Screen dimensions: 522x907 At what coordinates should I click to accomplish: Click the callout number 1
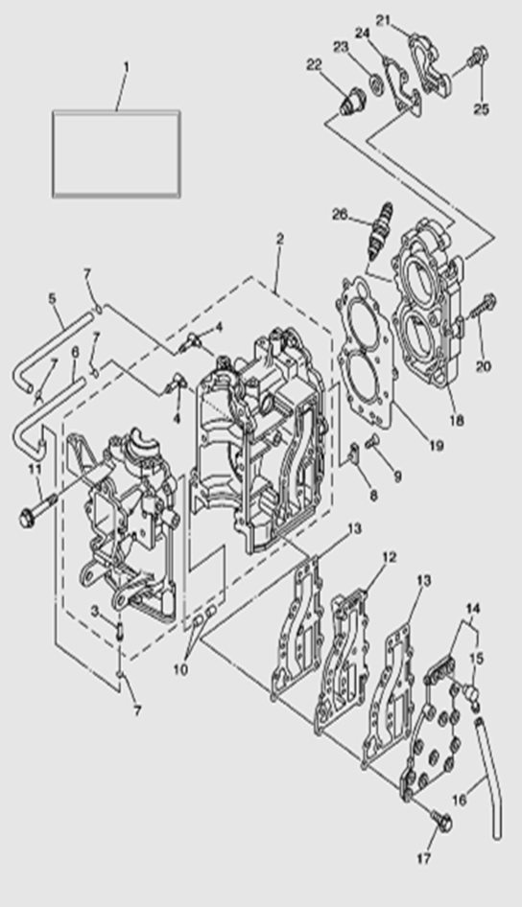tap(126, 68)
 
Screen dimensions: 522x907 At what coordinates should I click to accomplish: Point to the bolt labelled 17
tap(442, 821)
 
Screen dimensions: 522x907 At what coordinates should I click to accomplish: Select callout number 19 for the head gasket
tap(436, 446)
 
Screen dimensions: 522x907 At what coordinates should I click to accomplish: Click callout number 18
tap(457, 421)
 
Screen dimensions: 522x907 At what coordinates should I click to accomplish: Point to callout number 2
tap(279, 239)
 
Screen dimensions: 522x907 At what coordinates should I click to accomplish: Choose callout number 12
tap(390, 557)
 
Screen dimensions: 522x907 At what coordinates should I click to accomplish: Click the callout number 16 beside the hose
tap(459, 800)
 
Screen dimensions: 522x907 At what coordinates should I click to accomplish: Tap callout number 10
tap(180, 670)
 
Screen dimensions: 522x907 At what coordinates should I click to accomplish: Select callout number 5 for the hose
tap(52, 298)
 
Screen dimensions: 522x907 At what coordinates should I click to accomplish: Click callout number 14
tap(473, 609)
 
